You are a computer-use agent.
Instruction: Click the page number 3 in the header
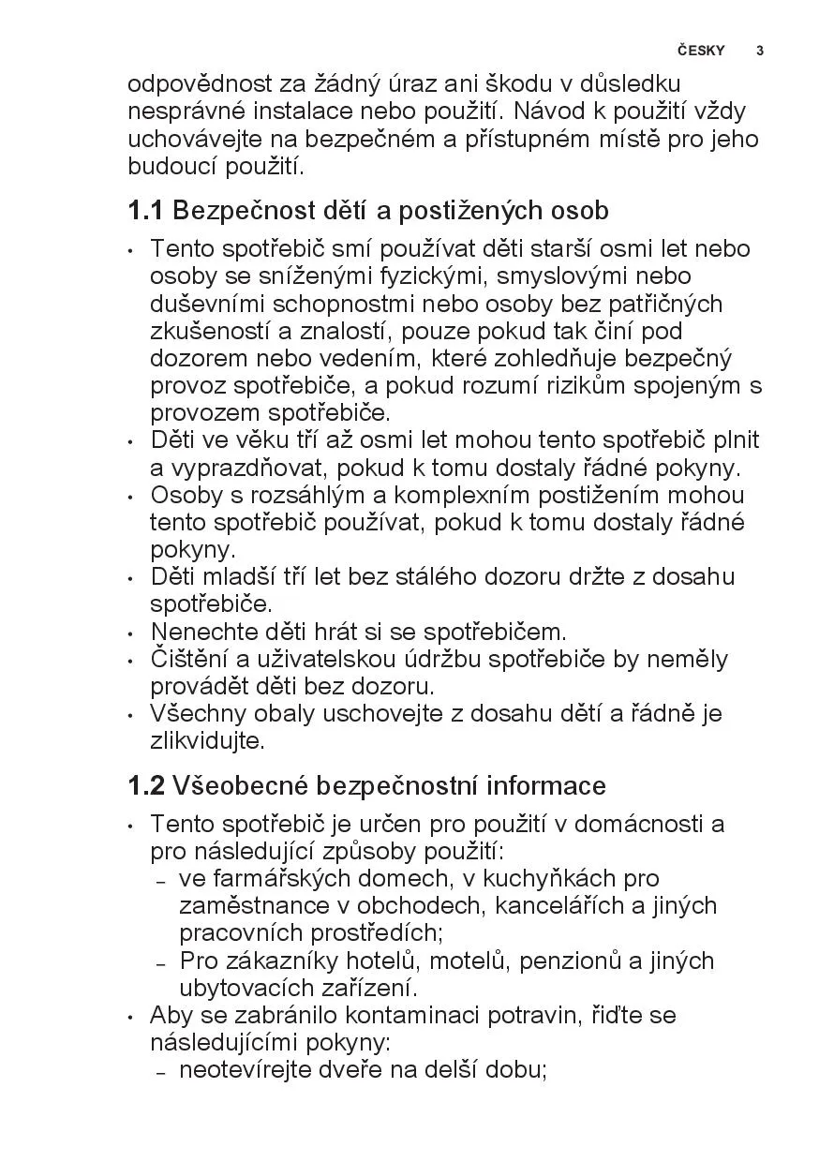click(760, 51)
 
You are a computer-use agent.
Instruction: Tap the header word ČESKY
click(701, 51)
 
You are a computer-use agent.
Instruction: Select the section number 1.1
click(145, 211)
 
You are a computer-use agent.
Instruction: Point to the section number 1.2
click(146, 785)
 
